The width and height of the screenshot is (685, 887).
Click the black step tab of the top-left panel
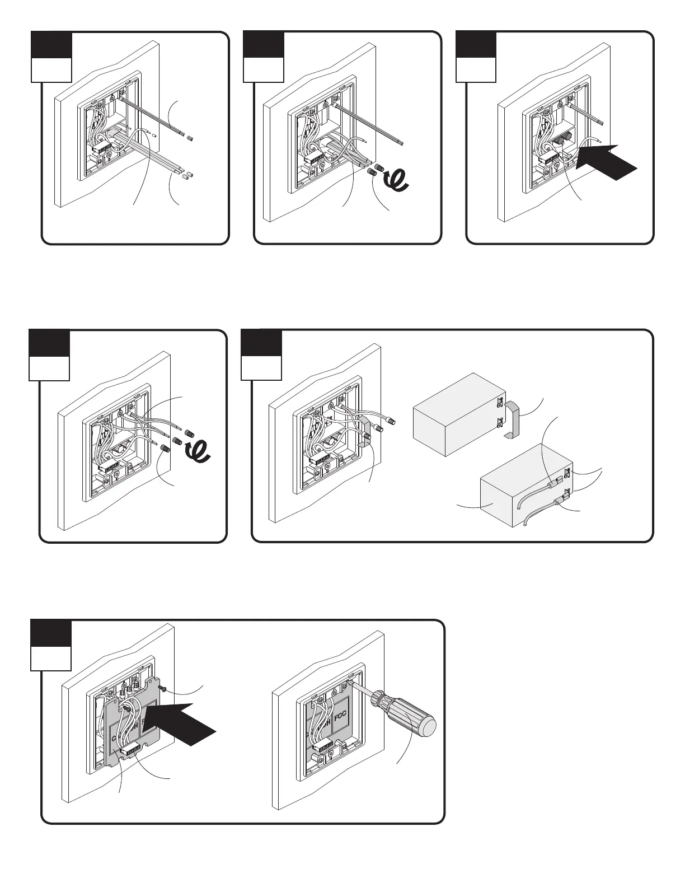(x=51, y=44)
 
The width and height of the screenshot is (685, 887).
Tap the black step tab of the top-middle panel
(x=264, y=44)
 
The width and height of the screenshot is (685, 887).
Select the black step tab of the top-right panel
(x=476, y=44)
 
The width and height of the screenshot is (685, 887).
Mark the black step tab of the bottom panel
(x=50, y=633)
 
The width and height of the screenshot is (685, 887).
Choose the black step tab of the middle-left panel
(x=49, y=343)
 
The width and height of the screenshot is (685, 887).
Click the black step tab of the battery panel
(x=261, y=343)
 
